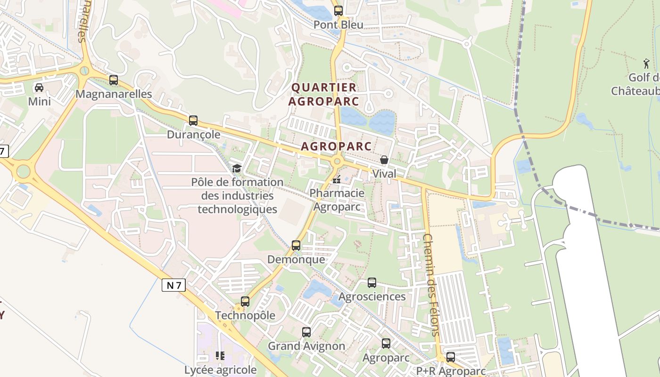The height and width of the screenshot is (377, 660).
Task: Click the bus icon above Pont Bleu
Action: click(338, 10)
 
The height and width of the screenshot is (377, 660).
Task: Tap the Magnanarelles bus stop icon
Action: click(114, 80)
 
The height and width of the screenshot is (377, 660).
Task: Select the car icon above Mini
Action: click(39, 87)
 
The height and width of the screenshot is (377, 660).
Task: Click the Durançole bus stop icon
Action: click(193, 121)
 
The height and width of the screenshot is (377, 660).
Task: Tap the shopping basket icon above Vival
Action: click(384, 160)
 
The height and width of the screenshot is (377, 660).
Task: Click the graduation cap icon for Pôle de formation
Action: click(237, 168)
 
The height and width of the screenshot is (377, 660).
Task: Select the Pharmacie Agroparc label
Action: click(337, 199)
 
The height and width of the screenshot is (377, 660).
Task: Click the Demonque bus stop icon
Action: click(296, 246)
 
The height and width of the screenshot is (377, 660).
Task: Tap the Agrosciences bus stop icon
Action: click(372, 283)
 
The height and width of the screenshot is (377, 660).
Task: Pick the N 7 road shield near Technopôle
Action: click(174, 285)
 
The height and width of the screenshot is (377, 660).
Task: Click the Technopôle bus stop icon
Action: click(245, 302)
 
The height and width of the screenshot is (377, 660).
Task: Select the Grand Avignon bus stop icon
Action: click(306, 332)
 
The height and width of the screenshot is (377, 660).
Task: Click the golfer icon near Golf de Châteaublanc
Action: click(646, 63)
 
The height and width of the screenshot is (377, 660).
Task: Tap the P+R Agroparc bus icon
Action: click(451, 357)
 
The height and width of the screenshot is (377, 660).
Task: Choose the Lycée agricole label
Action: click(220, 370)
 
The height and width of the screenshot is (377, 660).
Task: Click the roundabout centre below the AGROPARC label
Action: click(337, 162)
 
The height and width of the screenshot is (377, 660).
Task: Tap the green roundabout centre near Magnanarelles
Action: click(84, 71)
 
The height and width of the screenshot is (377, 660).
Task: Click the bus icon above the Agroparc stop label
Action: click(386, 344)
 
